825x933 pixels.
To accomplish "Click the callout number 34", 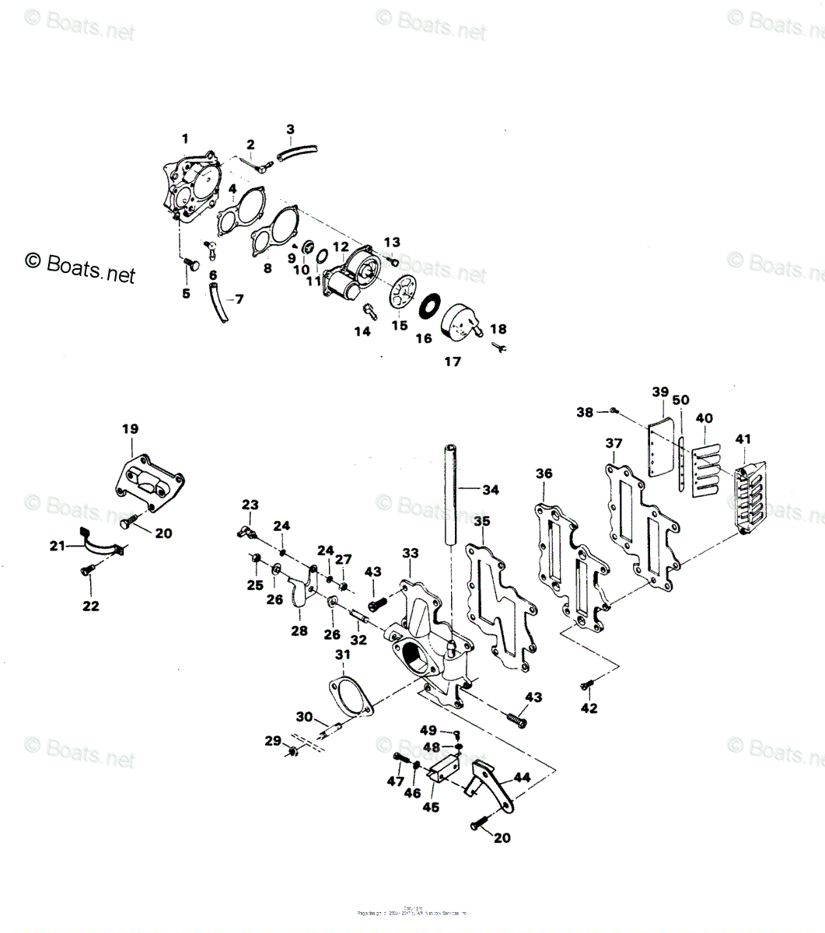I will click(490, 490).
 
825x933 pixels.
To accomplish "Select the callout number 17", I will click(452, 361).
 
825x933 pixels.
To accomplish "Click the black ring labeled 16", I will click(429, 306).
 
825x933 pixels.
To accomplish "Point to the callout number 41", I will click(743, 439).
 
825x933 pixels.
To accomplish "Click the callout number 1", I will click(185, 139).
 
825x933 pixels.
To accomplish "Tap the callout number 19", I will click(130, 428).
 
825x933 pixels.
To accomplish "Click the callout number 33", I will click(410, 553).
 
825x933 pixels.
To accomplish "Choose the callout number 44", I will click(521, 777).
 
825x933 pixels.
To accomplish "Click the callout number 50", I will click(680, 400).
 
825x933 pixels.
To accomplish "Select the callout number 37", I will click(614, 443).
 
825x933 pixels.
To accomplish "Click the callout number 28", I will click(299, 631).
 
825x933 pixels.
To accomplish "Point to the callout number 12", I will click(341, 246).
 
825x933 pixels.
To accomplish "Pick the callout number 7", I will click(239, 299).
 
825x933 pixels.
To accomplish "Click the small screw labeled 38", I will click(614, 410).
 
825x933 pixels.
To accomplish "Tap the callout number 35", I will click(482, 522).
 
